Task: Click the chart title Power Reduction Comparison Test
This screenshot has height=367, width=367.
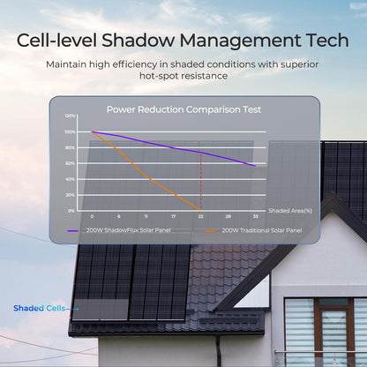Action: [183, 109]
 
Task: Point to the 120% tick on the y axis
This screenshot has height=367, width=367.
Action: [70, 116]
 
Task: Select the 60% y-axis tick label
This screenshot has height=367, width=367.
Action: [71, 163]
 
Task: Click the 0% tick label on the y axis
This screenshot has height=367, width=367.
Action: [71, 211]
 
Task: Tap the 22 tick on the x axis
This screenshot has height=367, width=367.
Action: [200, 216]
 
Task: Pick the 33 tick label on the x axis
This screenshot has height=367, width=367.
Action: [255, 216]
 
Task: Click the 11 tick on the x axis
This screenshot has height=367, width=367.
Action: [146, 216]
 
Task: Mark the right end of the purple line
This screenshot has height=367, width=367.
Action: [255, 165]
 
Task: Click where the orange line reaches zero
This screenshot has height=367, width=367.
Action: [200, 207]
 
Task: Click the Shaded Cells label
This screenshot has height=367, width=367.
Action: [34, 308]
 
